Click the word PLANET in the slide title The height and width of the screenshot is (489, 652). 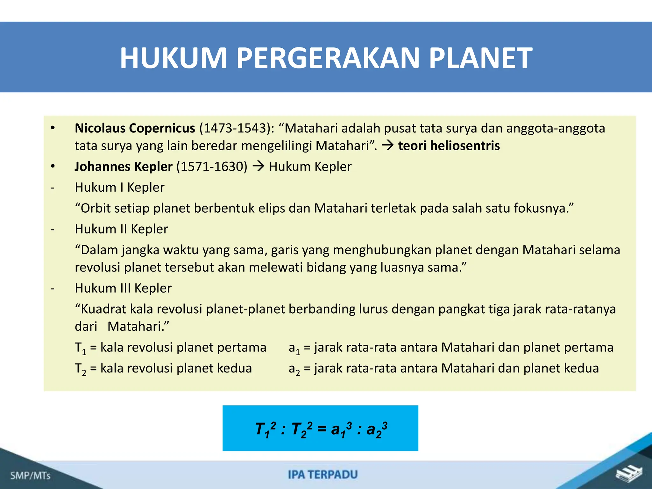coord(480,58)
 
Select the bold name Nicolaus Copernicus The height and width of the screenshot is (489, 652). coord(135,128)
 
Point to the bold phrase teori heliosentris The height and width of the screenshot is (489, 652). coord(449,146)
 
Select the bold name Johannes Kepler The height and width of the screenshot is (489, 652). coord(124,167)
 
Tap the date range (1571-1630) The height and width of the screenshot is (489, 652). coord(212,167)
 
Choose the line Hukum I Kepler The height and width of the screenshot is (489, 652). coord(120,188)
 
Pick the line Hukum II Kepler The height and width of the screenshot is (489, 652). coord(121,229)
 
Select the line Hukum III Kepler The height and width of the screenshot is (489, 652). coord(123,288)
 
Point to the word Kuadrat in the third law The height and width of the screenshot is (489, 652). coord(103,309)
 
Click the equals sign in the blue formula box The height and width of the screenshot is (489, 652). coord(322,429)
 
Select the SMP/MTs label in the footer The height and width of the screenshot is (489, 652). coord(30,476)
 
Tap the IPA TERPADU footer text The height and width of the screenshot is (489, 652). coord(323,475)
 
